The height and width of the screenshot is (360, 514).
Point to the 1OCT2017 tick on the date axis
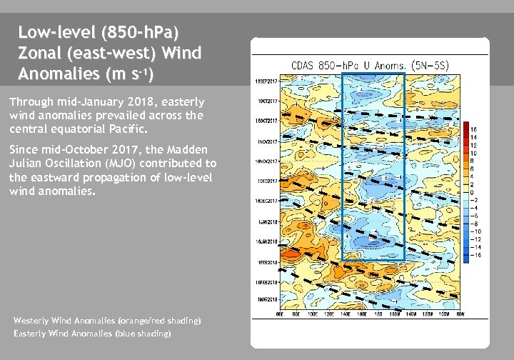(x=268, y=101)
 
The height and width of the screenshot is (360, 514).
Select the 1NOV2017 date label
(x=268, y=142)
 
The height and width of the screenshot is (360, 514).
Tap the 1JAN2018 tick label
(x=268, y=223)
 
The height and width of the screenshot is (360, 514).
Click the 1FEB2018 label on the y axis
(x=268, y=264)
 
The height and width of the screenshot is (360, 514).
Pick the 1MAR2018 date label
(x=268, y=300)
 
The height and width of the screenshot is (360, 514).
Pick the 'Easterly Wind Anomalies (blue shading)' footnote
(x=92, y=334)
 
